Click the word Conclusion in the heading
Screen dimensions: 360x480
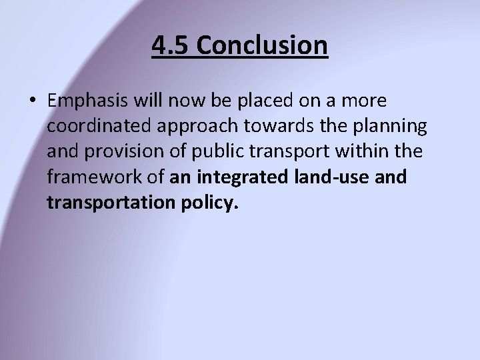click(263, 45)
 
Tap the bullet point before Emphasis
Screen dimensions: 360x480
click(33, 101)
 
